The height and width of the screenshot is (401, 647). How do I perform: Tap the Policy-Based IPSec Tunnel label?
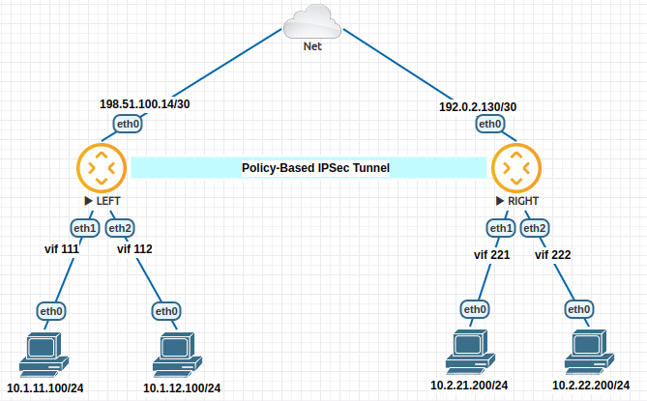(315, 168)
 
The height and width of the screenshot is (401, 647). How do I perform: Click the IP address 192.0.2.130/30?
(478, 106)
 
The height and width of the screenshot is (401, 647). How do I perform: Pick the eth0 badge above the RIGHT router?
(489, 124)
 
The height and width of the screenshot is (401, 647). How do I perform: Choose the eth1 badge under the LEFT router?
(84, 228)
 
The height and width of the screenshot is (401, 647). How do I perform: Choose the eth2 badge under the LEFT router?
(120, 228)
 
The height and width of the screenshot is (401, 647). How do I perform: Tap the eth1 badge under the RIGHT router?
(500, 228)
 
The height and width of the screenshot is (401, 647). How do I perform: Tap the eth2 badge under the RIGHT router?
(535, 228)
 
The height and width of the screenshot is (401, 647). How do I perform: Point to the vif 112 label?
(134, 248)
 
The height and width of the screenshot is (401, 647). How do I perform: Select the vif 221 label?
(490, 255)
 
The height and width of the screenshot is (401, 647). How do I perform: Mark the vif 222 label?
(552, 255)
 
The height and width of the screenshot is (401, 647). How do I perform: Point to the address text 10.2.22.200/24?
(592, 386)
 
